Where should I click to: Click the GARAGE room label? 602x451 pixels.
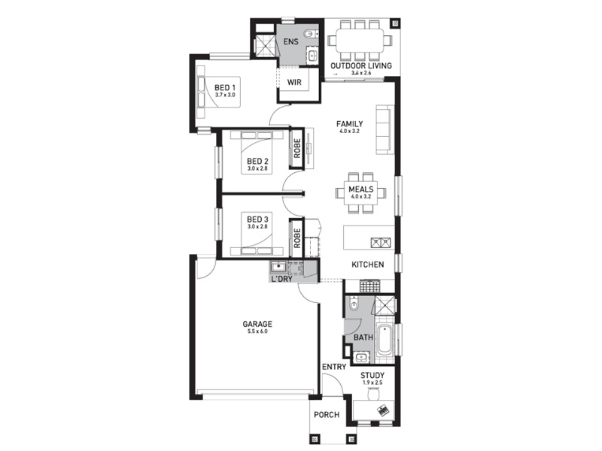point(257,324)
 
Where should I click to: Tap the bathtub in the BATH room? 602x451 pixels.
point(385,341)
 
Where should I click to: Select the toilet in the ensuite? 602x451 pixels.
point(311,34)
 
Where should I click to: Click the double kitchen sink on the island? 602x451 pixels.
point(381,243)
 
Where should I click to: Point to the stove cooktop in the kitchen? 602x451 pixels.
point(369,286)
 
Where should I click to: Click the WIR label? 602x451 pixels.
point(294,82)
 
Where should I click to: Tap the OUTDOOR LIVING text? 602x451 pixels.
point(361,65)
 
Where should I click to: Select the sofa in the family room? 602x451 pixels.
point(385,129)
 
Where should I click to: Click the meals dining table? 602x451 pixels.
point(361,192)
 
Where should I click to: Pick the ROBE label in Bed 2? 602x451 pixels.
point(296,148)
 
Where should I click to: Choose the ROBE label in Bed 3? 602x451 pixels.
point(296,238)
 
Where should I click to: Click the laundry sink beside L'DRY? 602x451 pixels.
point(278,267)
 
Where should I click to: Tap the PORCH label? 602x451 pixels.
point(327,415)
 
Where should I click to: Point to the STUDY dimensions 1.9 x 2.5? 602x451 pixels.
point(372,383)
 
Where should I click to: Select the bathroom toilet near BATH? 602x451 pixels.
point(353,304)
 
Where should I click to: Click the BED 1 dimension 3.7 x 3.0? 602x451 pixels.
point(225,95)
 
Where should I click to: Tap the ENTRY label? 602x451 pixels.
point(334,367)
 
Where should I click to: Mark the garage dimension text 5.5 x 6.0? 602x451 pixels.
point(257,331)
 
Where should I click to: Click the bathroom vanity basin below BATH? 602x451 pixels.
point(361,358)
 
